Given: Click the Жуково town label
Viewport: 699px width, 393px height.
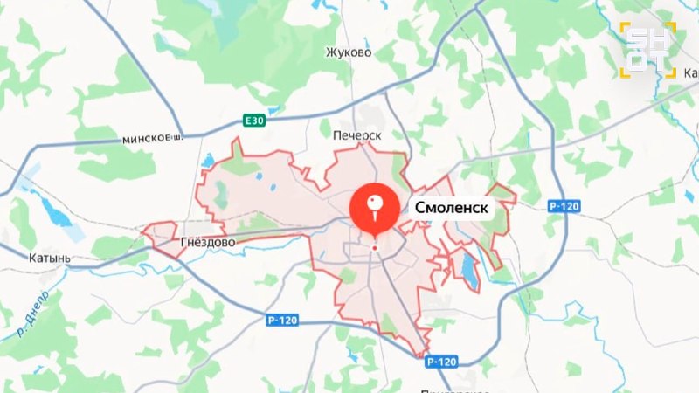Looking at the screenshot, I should coord(349,52).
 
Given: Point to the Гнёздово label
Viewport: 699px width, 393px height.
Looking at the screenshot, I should coord(206,241).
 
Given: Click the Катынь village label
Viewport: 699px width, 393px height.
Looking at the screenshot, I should coord(50,259).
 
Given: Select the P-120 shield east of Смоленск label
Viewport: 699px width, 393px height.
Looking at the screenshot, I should coord(564,205).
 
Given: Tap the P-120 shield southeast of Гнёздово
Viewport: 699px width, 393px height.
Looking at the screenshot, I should coord(283,321).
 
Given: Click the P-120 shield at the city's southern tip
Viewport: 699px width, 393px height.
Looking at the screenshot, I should coord(441,362).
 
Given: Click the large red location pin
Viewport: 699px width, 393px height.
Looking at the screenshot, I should coord(375,210).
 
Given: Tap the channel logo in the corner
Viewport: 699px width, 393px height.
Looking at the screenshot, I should coord(648,49).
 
